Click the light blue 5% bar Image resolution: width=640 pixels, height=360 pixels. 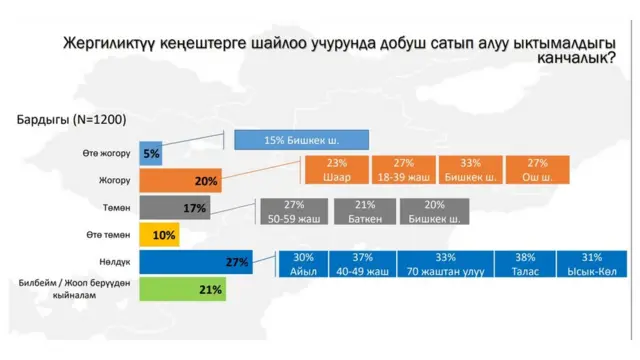(x=151, y=154)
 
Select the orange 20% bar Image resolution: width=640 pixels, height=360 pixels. (x=179, y=181)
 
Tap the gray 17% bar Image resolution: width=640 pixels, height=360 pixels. (x=173, y=208)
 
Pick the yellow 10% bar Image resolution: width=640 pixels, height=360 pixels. (x=159, y=235)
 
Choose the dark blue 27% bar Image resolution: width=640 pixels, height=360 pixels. (x=194, y=262)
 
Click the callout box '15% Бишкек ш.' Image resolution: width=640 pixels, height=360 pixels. (x=302, y=140)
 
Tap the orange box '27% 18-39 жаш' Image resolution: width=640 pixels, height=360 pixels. (x=403, y=171)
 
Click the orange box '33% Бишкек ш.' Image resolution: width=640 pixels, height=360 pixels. (x=470, y=171)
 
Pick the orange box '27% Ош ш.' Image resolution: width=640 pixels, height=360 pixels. (x=537, y=171)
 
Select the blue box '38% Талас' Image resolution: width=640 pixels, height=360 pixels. (x=526, y=263)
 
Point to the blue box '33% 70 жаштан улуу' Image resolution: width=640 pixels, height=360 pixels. (x=445, y=263)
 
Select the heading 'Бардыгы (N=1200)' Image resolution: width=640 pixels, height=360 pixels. (x=70, y=119)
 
